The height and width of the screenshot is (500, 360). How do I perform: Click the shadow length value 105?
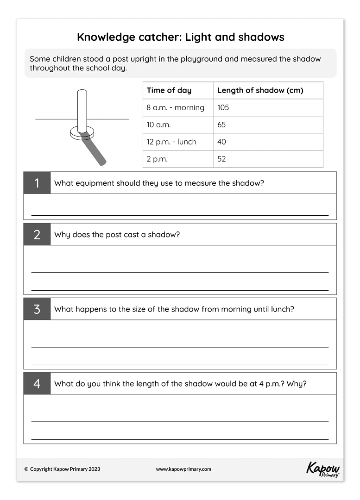coord(223,107)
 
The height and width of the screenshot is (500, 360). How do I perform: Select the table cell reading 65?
coord(221,125)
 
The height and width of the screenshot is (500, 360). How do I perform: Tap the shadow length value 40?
coord(221,142)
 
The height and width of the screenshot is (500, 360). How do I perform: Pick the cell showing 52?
coord(221,159)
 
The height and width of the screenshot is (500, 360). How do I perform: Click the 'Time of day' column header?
coord(169,90)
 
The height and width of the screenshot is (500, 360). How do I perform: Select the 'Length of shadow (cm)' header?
coord(260,90)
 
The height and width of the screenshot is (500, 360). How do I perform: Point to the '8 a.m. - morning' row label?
coord(176,107)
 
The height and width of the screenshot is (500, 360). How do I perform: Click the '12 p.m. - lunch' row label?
coord(171,142)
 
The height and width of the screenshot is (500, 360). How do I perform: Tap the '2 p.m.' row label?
coord(157,159)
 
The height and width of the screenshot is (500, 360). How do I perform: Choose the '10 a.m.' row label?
coord(159,125)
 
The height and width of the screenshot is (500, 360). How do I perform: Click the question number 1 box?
coord(37,183)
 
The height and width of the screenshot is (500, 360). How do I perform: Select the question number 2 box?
coord(37,234)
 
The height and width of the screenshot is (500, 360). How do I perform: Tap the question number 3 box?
coord(37,309)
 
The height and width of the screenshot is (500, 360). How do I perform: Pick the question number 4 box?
coord(37,384)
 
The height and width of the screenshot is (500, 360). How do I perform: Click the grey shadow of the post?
coord(95,150)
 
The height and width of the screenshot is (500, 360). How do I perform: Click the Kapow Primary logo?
coord(323,469)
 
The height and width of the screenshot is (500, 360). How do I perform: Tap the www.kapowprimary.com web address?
coord(183,469)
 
